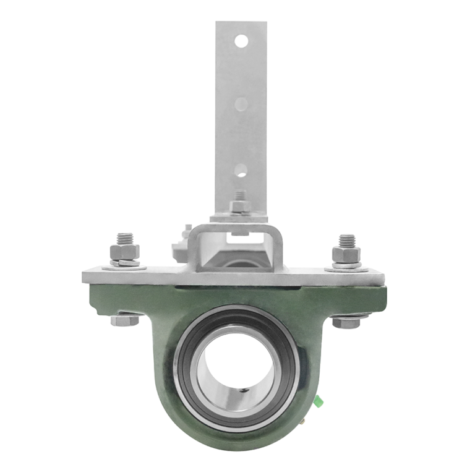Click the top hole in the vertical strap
click(241, 42)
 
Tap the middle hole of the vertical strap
click(241, 103)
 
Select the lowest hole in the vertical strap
click(241, 169)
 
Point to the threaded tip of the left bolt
click(124, 237)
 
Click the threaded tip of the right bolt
click(346, 239)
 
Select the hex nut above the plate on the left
click(124, 252)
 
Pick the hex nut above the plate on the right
click(346, 254)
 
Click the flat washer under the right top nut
click(346, 267)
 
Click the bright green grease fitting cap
click(320, 401)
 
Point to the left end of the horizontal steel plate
click(87, 276)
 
